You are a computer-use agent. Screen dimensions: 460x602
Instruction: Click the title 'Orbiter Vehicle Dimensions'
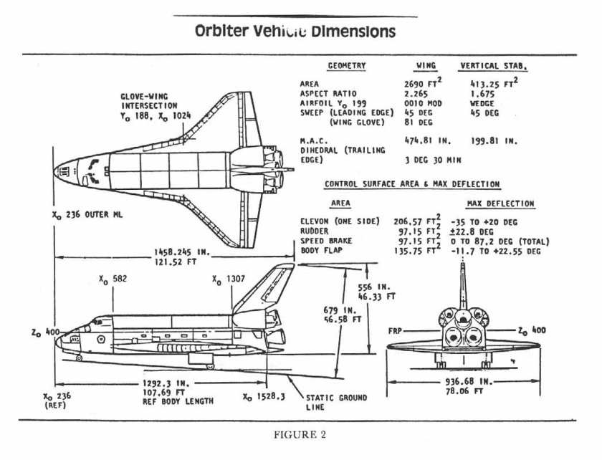pyautogui.click(x=295, y=33)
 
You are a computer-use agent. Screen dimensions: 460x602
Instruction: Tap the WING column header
pyautogui.click(x=426, y=66)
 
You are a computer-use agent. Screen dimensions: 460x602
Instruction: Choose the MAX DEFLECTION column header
pyautogui.click(x=500, y=204)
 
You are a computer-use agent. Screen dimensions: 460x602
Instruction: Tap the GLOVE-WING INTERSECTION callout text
pyautogui.click(x=149, y=105)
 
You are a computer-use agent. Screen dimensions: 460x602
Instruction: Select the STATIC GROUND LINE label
pyautogui.click(x=336, y=402)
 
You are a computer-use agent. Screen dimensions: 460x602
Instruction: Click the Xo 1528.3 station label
pyautogui.click(x=266, y=397)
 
